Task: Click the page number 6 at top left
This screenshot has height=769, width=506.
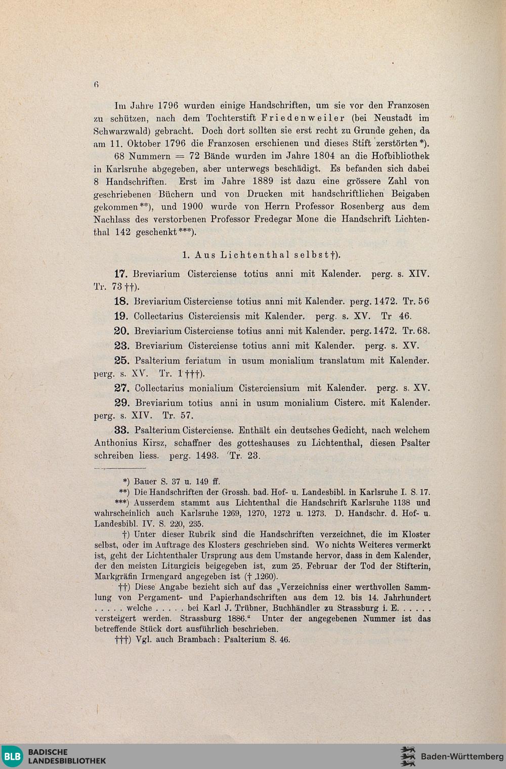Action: click(96, 84)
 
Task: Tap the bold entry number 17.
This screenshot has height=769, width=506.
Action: click(121, 274)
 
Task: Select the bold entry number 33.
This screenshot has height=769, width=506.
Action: click(121, 431)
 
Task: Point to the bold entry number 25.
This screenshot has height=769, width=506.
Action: click(121, 361)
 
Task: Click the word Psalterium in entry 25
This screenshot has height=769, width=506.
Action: click(157, 361)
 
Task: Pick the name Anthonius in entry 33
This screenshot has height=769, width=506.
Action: click(115, 443)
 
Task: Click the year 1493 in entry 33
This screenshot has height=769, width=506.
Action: click(207, 456)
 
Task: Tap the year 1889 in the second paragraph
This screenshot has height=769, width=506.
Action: click(262, 182)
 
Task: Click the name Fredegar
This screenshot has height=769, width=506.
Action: click(277, 220)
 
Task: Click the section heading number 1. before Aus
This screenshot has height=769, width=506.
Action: click(186, 255)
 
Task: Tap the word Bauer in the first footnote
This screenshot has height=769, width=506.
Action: click(145, 482)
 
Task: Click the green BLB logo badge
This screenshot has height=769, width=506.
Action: click(12, 756)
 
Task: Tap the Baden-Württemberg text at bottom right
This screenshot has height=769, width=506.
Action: click(462, 757)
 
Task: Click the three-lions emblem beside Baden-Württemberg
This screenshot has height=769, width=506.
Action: click(408, 756)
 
